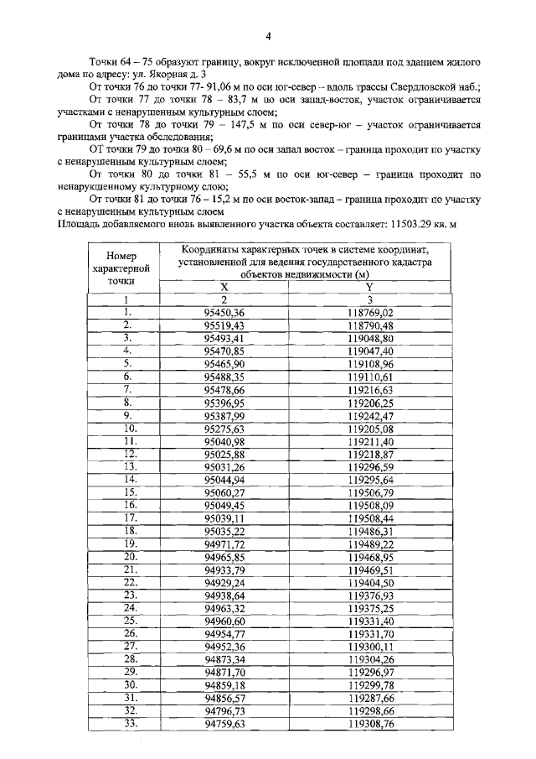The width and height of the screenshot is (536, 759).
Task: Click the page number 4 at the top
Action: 268,36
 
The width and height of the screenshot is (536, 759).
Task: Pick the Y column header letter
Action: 370,287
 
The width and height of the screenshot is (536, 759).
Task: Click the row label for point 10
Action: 129,429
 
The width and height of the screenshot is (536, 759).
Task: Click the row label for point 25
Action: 129,620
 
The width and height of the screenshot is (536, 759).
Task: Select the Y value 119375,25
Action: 370,608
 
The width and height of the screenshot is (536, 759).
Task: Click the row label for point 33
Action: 129,723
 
